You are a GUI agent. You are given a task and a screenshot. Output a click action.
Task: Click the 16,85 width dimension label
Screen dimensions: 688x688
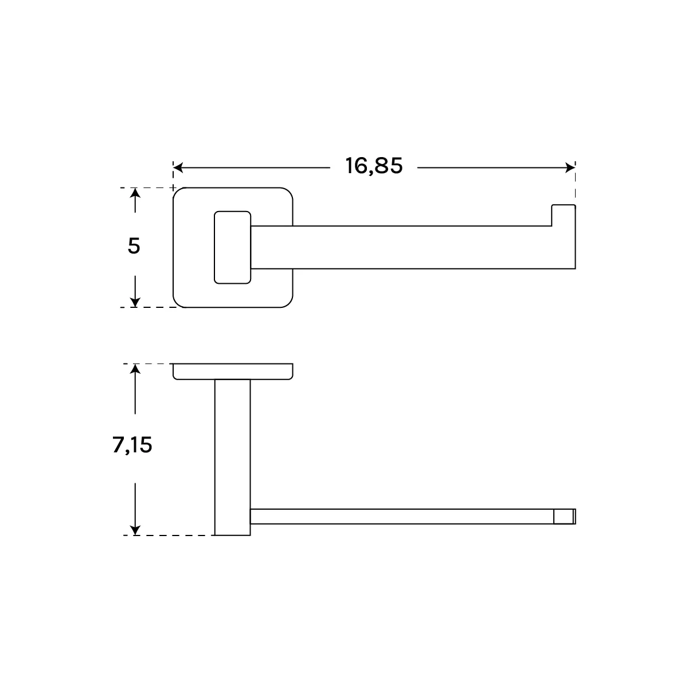374,166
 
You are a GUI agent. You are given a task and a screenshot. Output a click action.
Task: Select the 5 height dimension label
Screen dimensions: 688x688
134,246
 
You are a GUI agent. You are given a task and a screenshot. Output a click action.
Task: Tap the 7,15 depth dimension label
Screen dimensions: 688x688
132,445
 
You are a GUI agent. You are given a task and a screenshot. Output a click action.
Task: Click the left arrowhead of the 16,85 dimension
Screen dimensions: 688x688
178,167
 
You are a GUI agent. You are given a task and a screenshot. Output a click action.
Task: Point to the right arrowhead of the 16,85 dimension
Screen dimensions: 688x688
570,167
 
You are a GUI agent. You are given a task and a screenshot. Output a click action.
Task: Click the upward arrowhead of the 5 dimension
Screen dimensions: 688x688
135,193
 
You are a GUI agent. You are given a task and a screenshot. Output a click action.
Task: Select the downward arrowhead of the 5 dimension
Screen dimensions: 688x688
135,302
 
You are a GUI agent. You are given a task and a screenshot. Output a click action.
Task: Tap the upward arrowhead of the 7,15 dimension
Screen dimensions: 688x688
135,369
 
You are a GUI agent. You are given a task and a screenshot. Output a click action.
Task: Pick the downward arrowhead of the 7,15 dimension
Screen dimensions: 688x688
135,530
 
